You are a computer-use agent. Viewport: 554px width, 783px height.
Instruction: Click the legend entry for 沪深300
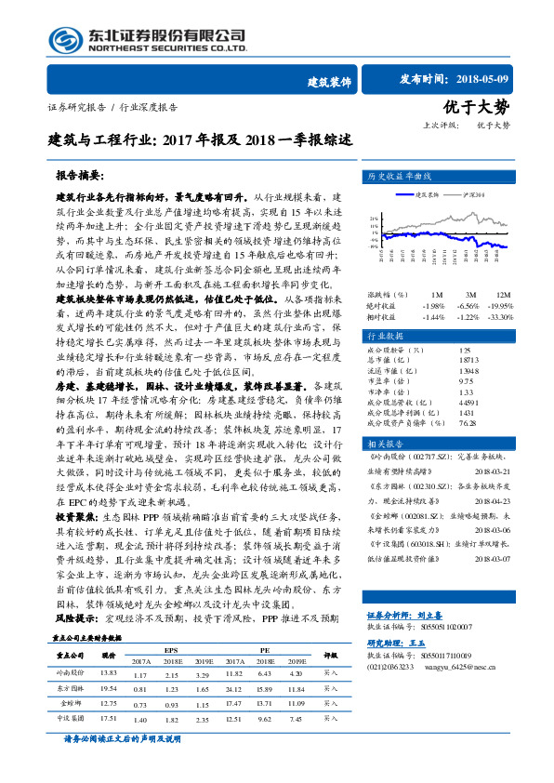(463, 194)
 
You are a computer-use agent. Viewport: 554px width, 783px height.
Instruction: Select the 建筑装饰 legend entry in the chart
(424, 194)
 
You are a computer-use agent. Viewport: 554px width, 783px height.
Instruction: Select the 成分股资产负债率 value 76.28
(468, 423)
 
